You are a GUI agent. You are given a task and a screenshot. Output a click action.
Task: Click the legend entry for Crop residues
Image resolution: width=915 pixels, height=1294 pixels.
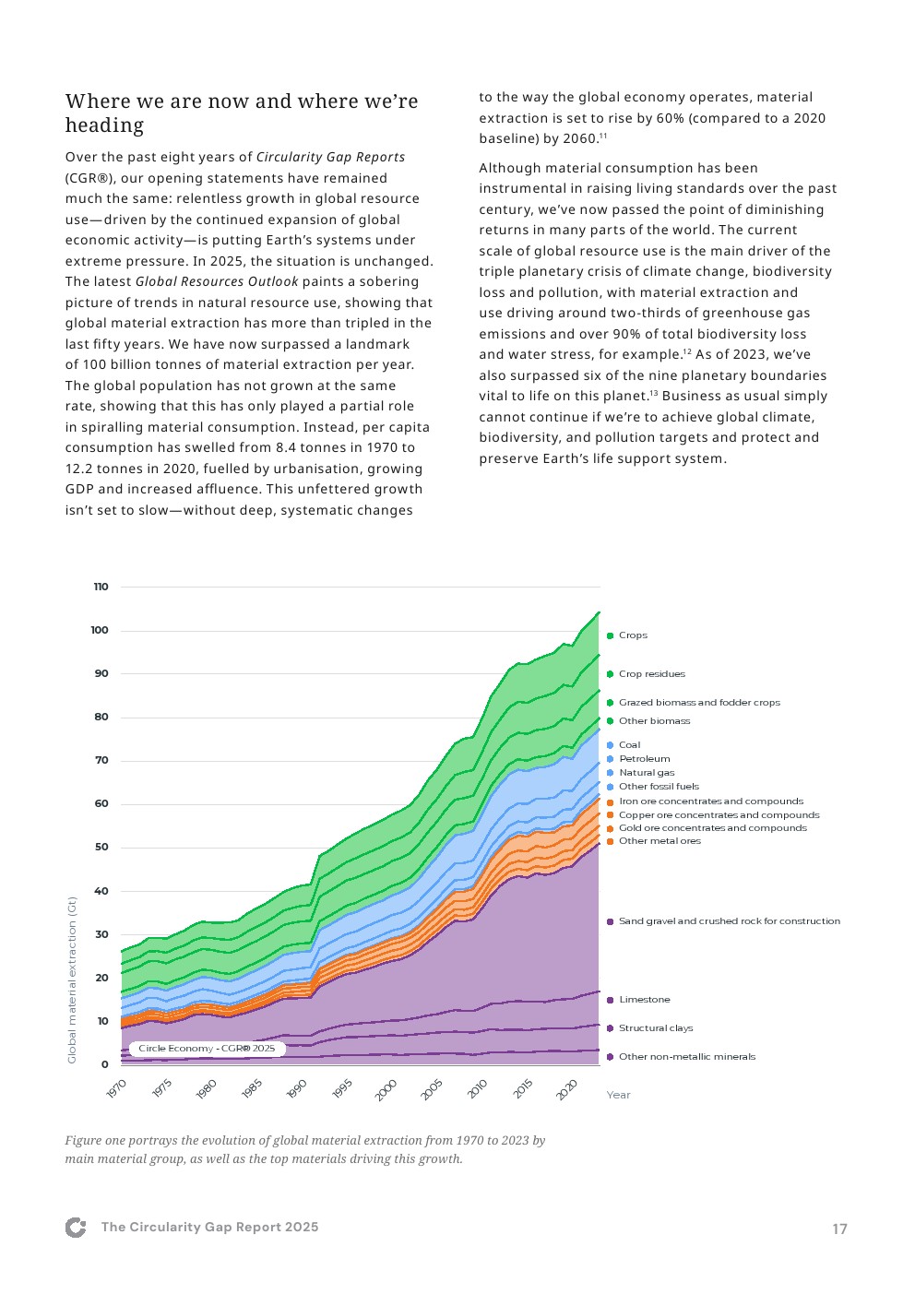click(x=651, y=674)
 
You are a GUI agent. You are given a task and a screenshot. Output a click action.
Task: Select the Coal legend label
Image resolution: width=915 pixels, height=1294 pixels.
click(x=629, y=745)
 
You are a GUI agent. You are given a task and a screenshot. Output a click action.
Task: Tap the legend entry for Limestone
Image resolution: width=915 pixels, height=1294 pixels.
click(x=644, y=1000)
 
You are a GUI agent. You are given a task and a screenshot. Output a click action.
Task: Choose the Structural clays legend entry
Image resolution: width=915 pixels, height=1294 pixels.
click(x=655, y=1028)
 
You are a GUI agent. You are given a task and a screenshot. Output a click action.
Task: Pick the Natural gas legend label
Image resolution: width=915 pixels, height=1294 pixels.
click(x=646, y=773)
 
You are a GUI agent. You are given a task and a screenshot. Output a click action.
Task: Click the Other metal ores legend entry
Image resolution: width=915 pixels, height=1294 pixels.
click(x=660, y=841)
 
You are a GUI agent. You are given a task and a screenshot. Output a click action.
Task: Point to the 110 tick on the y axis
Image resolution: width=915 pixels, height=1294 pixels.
click(x=101, y=587)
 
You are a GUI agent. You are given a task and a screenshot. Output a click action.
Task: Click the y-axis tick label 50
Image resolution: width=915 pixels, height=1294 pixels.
click(x=101, y=847)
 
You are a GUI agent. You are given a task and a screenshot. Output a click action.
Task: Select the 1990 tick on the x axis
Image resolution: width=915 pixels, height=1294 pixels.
click(x=296, y=1089)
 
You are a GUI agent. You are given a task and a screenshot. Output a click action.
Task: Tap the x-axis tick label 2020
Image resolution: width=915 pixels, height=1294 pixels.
click(x=566, y=1089)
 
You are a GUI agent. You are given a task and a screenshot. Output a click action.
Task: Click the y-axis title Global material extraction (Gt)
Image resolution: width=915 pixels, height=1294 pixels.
click(x=72, y=979)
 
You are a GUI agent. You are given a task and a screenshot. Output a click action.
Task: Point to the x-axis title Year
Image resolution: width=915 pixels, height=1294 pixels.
click(x=618, y=1095)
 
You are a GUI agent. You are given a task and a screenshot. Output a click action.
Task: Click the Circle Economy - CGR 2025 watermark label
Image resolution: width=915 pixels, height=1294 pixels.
click(x=207, y=1049)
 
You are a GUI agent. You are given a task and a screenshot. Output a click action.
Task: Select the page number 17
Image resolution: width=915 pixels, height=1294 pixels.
click(x=839, y=1229)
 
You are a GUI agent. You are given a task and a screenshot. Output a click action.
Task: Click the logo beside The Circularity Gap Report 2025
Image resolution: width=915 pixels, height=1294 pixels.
click(x=76, y=1228)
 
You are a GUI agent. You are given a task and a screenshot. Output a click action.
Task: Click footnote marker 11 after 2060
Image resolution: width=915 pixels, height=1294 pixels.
click(x=603, y=136)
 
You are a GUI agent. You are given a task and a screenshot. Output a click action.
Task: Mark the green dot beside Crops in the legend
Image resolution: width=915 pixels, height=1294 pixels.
click(x=610, y=635)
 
